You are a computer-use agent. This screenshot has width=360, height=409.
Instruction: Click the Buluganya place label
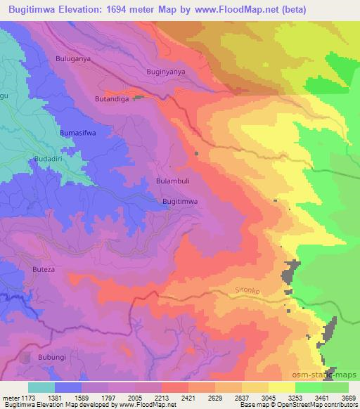point(73,59)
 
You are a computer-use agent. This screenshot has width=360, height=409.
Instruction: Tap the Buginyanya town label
point(166,72)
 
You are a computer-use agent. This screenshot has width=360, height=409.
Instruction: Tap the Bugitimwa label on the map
point(180,202)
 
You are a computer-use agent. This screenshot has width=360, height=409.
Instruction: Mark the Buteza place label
point(44,269)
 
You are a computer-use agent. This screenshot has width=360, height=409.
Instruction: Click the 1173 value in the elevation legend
point(28,398)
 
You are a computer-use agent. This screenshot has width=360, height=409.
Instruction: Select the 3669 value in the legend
point(348,398)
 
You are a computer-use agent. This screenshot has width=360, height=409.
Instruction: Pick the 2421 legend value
point(188,398)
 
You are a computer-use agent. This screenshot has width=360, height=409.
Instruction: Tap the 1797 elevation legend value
point(108,398)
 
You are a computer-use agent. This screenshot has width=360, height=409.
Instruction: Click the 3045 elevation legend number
point(269,398)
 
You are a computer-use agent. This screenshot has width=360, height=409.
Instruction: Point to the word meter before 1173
point(10,398)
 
